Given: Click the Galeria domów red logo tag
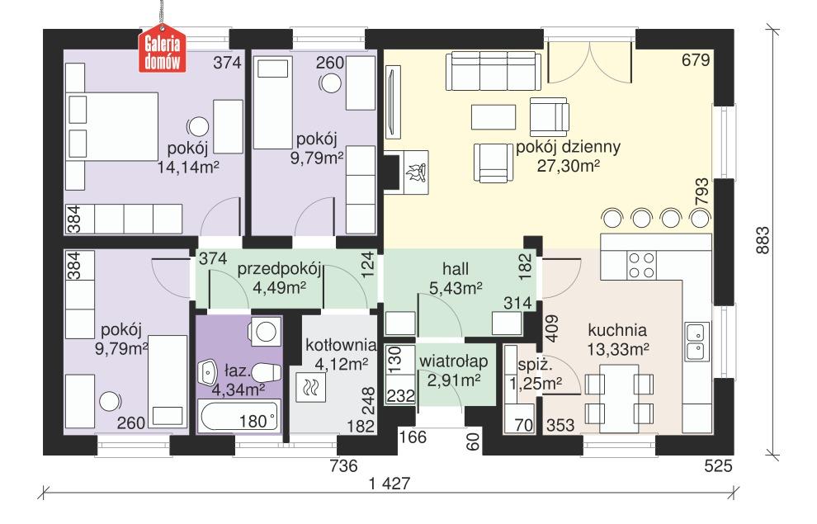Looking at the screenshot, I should click(162, 54).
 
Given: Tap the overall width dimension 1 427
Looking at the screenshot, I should click(390, 484).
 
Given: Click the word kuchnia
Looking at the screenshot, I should click(617, 328).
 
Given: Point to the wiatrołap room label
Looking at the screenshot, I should click(453, 361).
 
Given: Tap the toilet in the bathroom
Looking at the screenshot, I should click(263, 371).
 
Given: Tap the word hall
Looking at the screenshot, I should click(455, 269).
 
